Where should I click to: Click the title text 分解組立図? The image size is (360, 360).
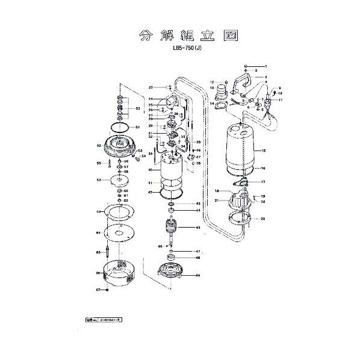(179, 36)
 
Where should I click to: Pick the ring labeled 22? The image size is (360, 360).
(238, 221)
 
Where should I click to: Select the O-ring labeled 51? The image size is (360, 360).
(122, 128)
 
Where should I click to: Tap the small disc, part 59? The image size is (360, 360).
(119, 180)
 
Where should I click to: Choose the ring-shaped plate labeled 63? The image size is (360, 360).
(119, 213)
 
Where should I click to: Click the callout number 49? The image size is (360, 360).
(197, 276)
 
